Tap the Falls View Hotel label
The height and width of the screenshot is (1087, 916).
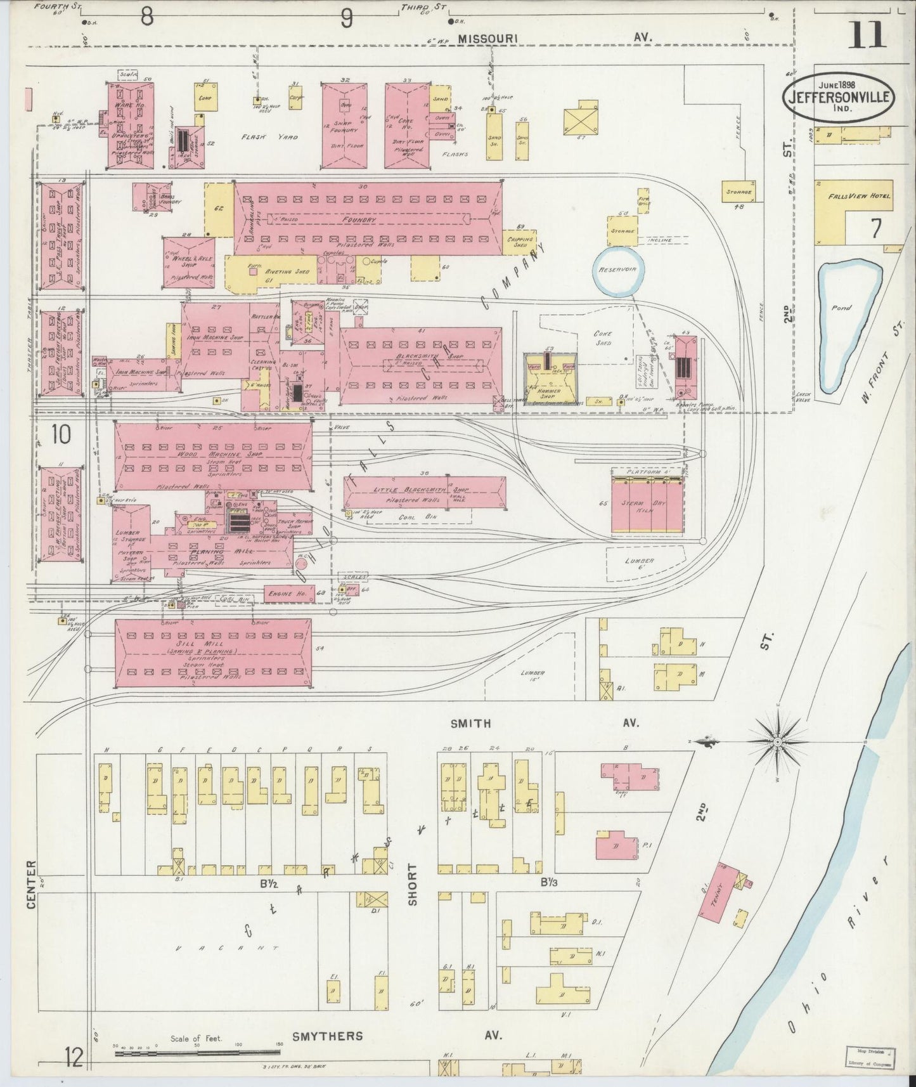point(859,196)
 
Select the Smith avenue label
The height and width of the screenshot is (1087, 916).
point(470,723)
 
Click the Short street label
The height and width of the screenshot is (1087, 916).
point(413,884)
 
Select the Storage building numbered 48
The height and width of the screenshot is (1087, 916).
point(739,192)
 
